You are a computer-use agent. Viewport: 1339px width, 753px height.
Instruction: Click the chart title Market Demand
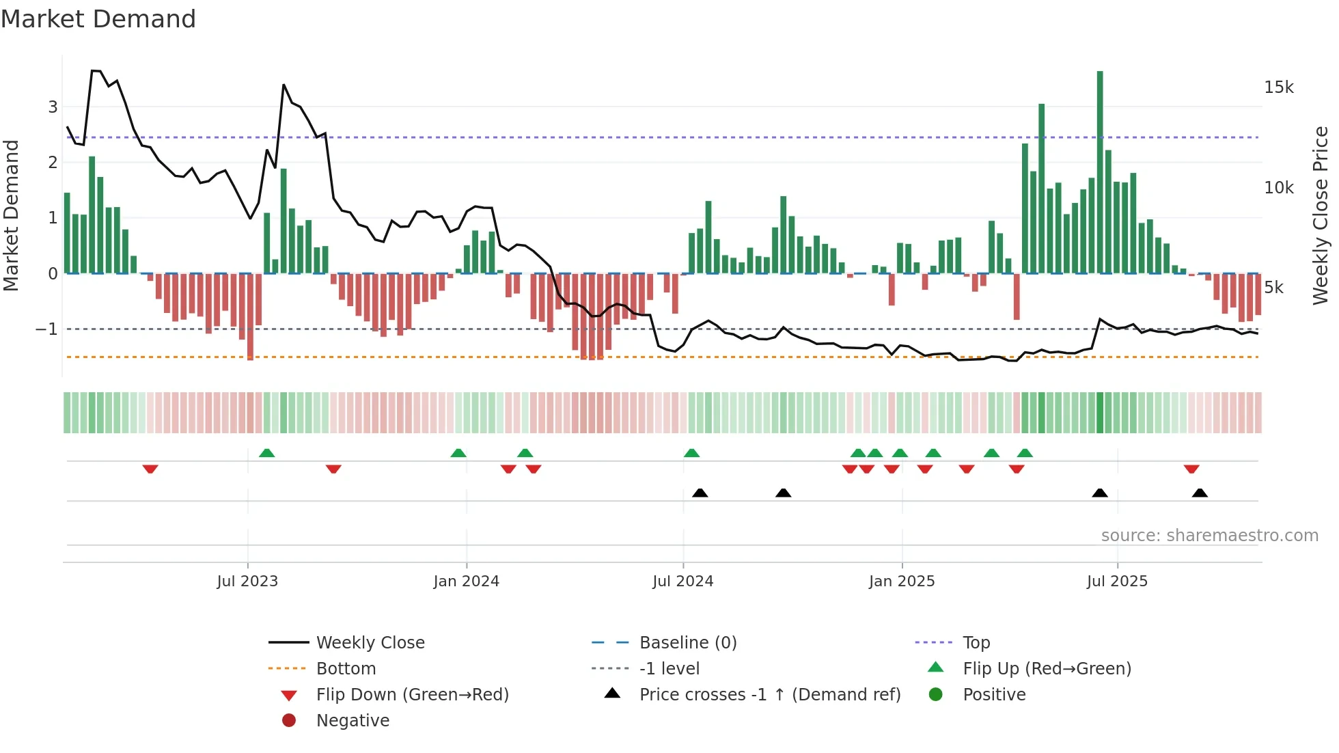98,19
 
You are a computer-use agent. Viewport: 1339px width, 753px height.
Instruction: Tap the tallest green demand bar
1100,171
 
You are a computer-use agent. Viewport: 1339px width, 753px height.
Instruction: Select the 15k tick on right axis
1279,87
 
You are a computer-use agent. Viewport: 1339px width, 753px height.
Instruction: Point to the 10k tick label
1279,188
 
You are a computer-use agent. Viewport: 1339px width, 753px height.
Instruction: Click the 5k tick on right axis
1274,288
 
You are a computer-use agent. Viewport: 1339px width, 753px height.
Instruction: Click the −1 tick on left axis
46,329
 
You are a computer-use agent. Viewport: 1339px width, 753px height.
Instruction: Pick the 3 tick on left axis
53,107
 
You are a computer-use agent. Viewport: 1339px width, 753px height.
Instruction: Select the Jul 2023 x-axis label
247,581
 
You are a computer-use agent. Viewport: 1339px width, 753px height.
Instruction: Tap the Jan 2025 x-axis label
902,581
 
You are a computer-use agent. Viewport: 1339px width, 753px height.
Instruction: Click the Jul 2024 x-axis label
682,581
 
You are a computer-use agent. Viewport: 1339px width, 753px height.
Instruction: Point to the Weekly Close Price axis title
1321,215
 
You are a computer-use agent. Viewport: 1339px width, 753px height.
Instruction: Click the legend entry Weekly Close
370,643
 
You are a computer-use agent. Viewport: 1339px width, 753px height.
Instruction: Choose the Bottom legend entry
346,669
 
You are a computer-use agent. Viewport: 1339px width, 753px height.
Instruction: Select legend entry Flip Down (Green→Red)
412,695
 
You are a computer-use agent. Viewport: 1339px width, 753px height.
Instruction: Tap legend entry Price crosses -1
770,695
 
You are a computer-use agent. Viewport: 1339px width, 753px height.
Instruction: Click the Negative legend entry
353,721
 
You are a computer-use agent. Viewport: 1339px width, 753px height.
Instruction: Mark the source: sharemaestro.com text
1209,536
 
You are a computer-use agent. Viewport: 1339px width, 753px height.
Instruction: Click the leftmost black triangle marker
700,493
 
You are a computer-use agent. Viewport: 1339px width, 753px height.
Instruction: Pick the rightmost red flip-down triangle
1191,469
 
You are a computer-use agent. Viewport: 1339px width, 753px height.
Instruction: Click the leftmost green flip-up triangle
267,453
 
